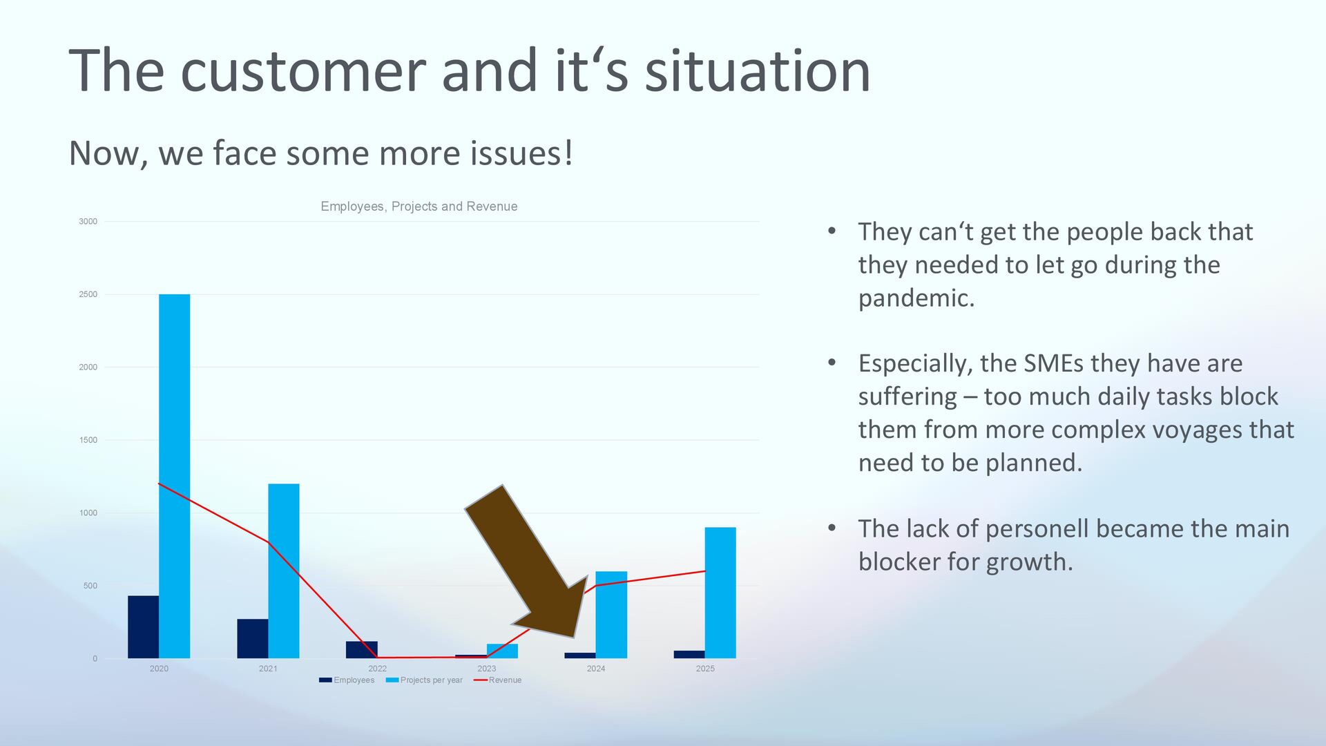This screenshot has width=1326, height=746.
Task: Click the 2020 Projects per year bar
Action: (x=174, y=476)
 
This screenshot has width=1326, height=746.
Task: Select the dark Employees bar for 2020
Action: (x=143, y=627)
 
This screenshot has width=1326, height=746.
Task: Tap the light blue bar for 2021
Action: (x=284, y=571)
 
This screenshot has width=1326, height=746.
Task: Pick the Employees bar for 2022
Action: (x=362, y=649)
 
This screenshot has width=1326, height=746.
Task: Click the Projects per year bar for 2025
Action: (x=720, y=593)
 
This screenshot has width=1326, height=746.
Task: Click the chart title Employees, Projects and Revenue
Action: (x=419, y=207)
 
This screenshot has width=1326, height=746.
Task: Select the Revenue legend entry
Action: (x=497, y=680)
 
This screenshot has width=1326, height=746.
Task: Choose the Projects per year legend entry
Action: (x=424, y=680)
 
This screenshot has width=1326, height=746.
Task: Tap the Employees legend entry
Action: (x=347, y=680)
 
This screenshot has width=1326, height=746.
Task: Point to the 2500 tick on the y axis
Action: (x=88, y=294)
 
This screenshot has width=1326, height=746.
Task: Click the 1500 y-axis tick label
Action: (x=88, y=440)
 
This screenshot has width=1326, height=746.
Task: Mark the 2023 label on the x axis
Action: (x=487, y=669)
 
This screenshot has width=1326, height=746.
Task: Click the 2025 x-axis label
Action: (x=705, y=669)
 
